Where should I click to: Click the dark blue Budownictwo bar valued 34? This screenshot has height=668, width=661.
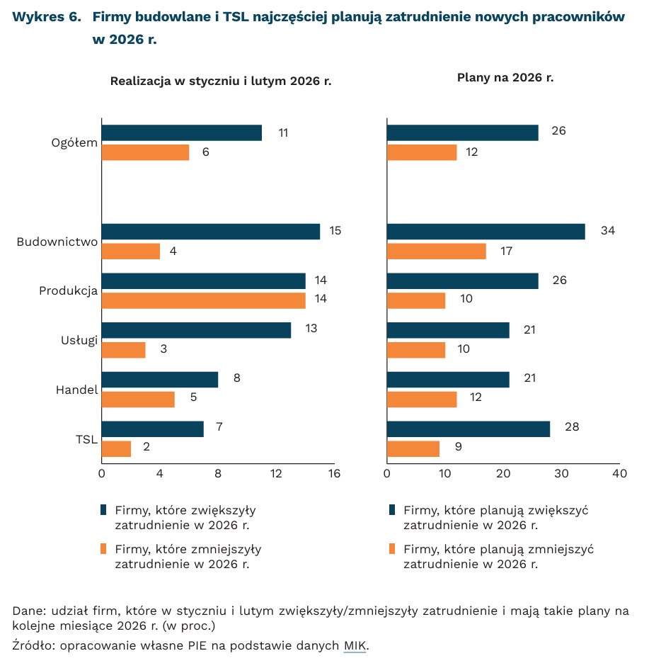(485, 232)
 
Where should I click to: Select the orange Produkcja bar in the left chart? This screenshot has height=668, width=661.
(203, 300)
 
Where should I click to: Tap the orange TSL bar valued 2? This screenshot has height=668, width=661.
(116, 448)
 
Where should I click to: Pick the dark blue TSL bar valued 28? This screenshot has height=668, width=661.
(468, 429)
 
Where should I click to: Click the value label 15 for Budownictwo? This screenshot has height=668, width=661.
(335, 231)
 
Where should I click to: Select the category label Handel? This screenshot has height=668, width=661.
(76, 389)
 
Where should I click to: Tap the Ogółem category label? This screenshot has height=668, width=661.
(74, 142)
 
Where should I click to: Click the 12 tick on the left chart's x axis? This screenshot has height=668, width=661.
(276, 472)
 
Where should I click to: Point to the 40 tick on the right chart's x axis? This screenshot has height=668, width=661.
(619, 472)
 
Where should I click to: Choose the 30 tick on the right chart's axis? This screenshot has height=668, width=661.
(561, 472)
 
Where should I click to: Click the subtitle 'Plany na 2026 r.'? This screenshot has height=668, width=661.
(505, 77)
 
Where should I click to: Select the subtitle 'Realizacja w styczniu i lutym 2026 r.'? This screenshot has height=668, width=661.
(221, 81)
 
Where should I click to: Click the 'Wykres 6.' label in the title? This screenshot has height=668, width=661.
(46, 16)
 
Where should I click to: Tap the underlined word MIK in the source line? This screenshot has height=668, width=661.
(355, 645)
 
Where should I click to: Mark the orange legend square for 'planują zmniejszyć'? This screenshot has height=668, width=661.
(392, 549)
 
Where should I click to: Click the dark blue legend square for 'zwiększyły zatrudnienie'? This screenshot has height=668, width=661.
(104, 509)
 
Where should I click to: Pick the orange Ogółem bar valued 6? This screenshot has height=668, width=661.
(145, 152)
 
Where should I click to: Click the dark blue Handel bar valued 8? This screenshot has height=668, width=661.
(159, 379)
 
